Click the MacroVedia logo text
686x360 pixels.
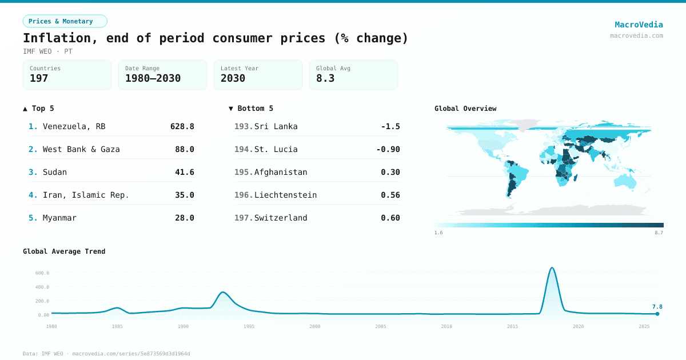[639, 25]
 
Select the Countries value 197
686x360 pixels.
[39, 78]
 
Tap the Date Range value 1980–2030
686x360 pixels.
[153, 78]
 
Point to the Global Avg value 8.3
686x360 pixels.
[325, 78]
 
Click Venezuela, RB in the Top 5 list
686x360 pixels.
[74, 126]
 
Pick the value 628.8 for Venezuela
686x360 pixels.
[182, 126]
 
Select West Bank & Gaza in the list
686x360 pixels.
[81, 149]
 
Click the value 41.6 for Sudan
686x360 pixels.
[184, 172]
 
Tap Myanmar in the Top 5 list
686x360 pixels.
[59, 218]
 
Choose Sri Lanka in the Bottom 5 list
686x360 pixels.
[276, 126]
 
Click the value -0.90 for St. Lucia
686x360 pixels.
[388, 149]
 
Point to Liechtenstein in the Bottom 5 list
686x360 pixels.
[285, 195]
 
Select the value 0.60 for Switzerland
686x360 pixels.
[390, 218]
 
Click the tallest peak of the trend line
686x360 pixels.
[552, 267]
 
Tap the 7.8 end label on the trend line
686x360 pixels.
[657, 307]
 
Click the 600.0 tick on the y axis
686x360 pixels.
[42, 273]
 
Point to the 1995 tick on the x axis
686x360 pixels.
[249, 326]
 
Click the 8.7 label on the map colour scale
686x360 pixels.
[659, 233]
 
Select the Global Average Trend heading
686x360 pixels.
[64, 251]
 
